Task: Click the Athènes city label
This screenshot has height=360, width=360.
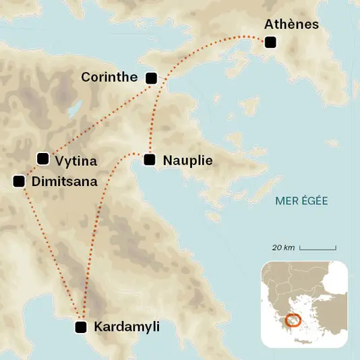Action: (291, 25)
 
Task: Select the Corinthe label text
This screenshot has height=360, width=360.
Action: (109, 78)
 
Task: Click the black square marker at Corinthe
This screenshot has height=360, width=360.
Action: (152, 78)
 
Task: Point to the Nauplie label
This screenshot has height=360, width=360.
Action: (188, 160)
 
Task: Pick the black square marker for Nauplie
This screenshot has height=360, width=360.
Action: (149, 160)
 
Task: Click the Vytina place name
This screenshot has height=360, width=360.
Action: (76, 161)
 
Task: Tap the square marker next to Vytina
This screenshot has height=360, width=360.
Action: (43, 159)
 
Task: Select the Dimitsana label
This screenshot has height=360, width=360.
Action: (64, 181)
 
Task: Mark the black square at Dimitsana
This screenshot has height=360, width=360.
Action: (19, 181)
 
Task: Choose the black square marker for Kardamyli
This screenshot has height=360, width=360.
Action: (81, 328)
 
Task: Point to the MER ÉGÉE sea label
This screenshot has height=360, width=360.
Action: (301, 201)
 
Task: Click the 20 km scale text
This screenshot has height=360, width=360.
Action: (284, 248)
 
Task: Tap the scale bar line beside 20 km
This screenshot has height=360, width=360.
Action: (318, 249)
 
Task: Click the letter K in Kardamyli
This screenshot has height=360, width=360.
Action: (98, 327)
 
